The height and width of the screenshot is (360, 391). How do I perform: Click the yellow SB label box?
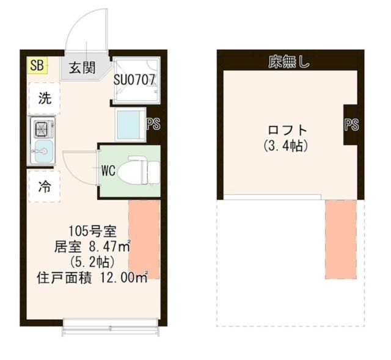[37, 65]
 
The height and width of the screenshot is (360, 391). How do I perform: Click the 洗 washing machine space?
[45, 98]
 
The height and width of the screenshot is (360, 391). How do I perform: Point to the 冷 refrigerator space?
[45, 187]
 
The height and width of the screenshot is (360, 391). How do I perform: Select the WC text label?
[109, 170]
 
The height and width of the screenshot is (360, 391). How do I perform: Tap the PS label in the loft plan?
[351, 125]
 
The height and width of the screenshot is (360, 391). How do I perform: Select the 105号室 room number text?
[92, 231]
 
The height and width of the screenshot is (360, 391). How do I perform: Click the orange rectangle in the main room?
[144, 239]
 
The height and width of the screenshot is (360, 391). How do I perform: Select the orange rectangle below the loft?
[340, 239]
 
